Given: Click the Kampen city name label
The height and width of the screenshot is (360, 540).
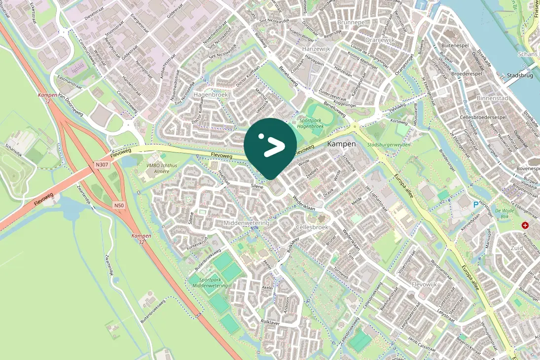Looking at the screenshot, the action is coord(341,144).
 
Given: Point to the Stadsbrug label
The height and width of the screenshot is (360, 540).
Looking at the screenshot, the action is coord(519,76).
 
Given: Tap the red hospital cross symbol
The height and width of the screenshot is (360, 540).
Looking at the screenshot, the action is coord(525,225).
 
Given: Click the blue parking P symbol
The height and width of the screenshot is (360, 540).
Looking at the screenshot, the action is coord(475,204).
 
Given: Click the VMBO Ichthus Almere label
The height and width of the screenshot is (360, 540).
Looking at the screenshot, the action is coord(161,168).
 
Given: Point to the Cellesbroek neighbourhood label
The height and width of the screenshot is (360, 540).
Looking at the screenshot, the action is coord(312,227).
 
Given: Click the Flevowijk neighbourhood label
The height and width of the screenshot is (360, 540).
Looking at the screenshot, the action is coord(425,285).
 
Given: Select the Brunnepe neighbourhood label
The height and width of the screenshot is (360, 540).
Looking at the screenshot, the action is coord(350,23).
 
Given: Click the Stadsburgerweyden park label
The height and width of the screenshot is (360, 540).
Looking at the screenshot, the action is coord(389,145).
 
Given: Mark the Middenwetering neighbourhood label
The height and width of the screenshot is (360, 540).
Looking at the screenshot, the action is coord(247,223).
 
